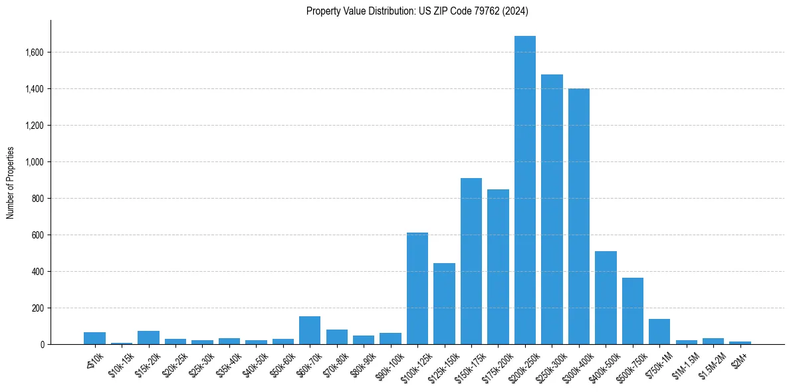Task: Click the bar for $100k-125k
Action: [x=417, y=288]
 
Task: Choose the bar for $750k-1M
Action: [x=659, y=332]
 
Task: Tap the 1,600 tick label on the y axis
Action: [x=34, y=52]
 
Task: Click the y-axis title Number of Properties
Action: [x=11, y=183]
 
